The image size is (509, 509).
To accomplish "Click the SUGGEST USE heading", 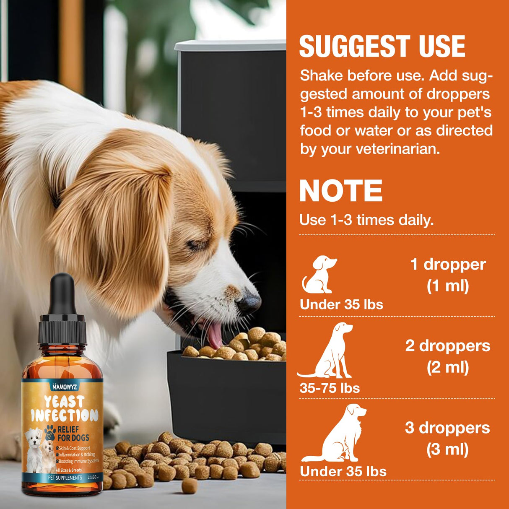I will click(382, 46).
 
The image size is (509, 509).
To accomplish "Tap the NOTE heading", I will click(341, 191).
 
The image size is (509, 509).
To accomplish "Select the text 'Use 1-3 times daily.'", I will click(366, 220).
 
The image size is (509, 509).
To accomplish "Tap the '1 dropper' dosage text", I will click(448, 265).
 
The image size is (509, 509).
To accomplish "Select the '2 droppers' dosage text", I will click(447, 346).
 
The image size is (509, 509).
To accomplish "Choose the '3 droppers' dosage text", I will click(447, 428).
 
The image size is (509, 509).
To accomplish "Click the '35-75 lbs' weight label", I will click(330, 388).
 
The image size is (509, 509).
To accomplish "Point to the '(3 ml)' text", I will click(447, 449).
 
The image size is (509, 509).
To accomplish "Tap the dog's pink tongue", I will click(215, 335).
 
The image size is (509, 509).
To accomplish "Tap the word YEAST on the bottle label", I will click(64, 402).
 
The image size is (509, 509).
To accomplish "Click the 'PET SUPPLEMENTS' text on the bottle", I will click(65, 478).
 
